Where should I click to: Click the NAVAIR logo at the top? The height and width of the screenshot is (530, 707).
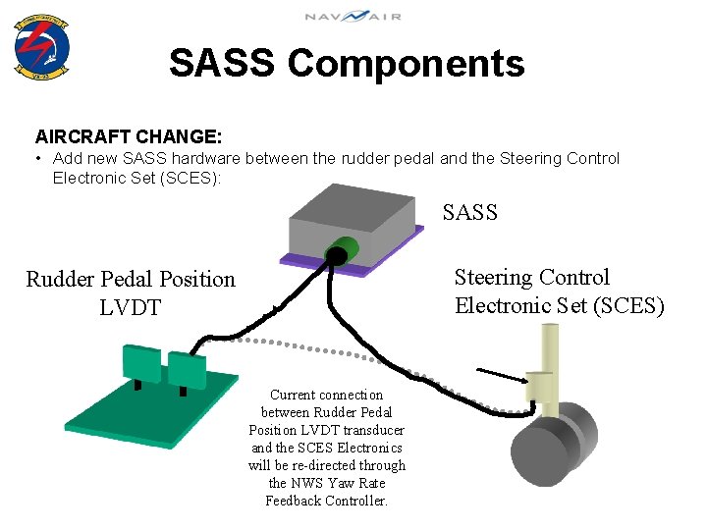[x=352, y=17]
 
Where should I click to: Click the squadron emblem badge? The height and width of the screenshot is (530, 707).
[x=42, y=46]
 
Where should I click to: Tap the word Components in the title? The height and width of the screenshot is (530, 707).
[x=406, y=64]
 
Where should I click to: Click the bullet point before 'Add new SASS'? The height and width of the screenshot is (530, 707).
[x=37, y=158]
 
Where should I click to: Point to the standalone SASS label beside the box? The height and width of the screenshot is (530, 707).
[x=469, y=212]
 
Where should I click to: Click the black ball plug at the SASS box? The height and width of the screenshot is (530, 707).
[x=335, y=257]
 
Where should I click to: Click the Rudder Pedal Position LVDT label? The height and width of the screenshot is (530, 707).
[x=131, y=292]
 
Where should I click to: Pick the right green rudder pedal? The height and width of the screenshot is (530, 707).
[x=187, y=367]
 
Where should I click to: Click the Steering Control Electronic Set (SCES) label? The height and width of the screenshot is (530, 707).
[x=559, y=291]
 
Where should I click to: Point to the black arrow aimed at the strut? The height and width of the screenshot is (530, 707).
[x=501, y=374]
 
